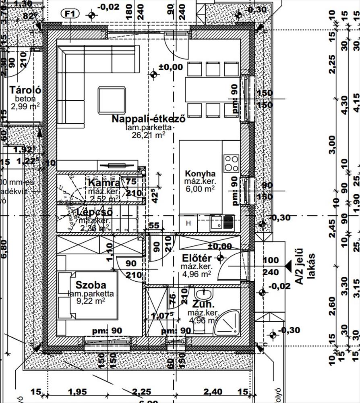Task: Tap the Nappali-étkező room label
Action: [x=148, y=119]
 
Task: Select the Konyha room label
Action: [x=200, y=174]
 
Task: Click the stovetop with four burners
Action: [x=232, y=163]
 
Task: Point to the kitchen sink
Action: [x=222, y=222]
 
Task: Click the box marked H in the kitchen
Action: [x=188, y=222]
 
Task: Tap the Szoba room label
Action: [x=91, y=285]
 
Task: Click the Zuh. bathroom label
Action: [x=203, y=304]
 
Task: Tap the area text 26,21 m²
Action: [x=148, y=135]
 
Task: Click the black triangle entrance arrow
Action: [x=288, y=265]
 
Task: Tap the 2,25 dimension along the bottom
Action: [x=142, y=391]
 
